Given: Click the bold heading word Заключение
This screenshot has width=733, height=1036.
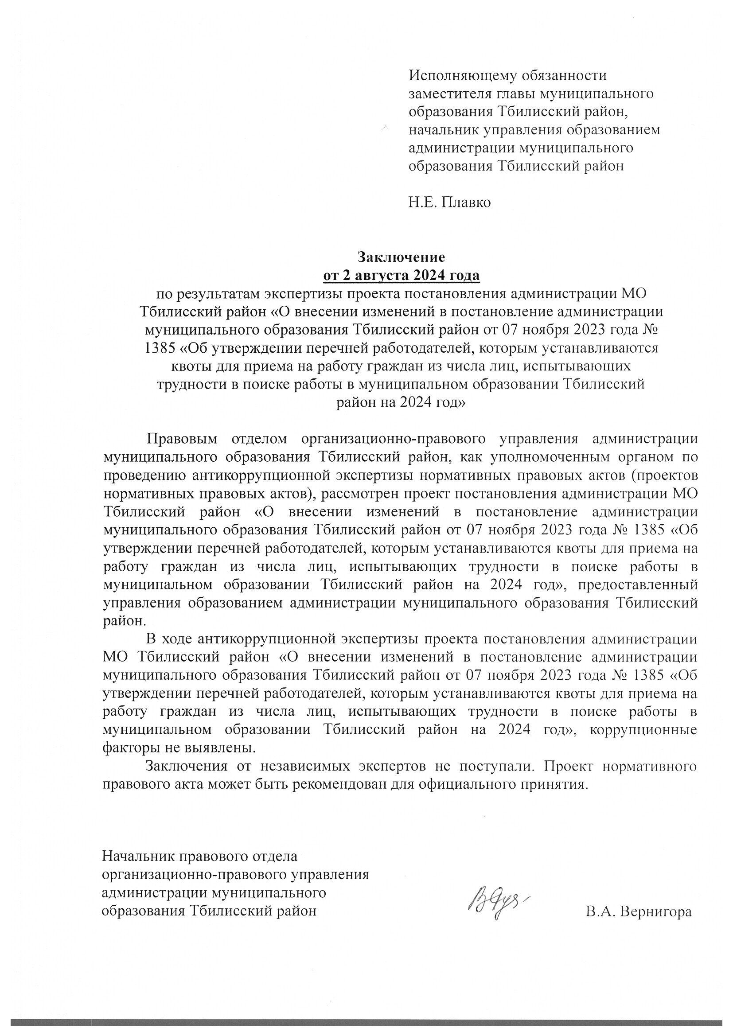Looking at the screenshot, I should pos(401,257).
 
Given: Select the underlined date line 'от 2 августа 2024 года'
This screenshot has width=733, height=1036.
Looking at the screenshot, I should pos(401,275).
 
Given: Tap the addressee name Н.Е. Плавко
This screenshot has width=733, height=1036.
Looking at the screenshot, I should pos(449,203).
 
